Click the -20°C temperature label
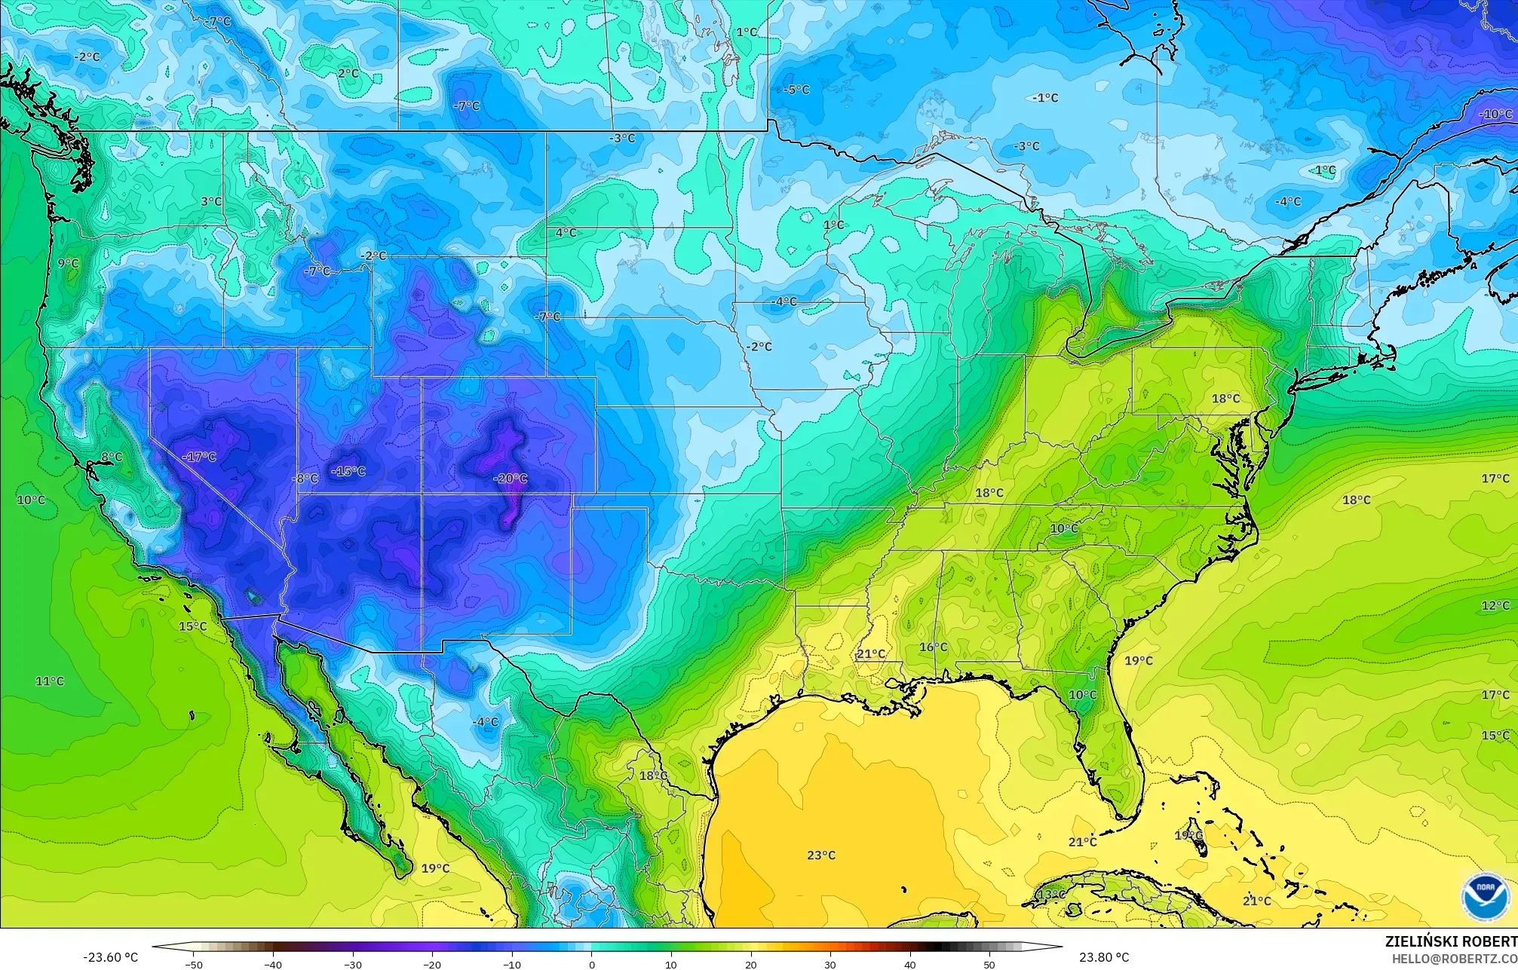click(511, 479)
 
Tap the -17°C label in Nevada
click(199, 457)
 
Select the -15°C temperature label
click(348, 471)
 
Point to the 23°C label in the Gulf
click(821, 855)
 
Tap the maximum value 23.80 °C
click(1103, 957)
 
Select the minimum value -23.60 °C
click(111, 957)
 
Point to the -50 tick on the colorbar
click(194, 964)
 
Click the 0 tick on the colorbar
click(591, 964)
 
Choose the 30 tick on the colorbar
click(830, 964)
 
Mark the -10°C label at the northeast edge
click(1496, 115)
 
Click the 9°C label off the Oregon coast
click(68, 263)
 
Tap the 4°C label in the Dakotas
click(566, 233)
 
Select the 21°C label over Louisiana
click(871, 653)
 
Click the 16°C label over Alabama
click(933, 647)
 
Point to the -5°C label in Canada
click(796, 90)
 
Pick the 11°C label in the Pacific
click(50, 681)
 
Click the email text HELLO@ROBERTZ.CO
click(1454, 958)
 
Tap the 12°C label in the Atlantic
click(1495, 605)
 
